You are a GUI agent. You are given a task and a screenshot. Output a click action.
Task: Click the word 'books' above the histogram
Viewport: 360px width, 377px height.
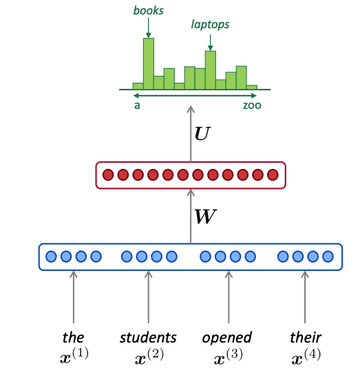pos(148,11)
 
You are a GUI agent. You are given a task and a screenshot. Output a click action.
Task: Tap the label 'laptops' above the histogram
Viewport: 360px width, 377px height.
pos(210,25)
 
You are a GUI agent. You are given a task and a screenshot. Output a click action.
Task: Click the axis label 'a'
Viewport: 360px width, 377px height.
pos(137,106)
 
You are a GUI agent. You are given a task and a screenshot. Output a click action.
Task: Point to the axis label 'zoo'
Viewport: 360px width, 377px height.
pos(251,106)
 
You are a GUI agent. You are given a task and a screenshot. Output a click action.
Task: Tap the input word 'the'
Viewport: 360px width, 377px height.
pos(73,337)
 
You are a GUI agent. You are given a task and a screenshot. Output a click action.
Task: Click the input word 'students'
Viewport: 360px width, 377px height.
pos(148,337)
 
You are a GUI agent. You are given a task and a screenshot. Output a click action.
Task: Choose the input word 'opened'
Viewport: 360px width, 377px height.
pos(227,337)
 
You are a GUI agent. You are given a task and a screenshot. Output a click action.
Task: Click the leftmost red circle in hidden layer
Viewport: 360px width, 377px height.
pos(107,175)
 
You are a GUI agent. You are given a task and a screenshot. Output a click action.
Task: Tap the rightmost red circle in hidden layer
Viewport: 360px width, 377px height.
pos(273,175)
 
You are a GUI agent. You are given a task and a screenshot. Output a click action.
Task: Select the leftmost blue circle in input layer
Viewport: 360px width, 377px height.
pos(51,257)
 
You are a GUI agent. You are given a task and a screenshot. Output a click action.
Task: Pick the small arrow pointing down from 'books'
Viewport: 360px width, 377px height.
pos(148,28)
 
